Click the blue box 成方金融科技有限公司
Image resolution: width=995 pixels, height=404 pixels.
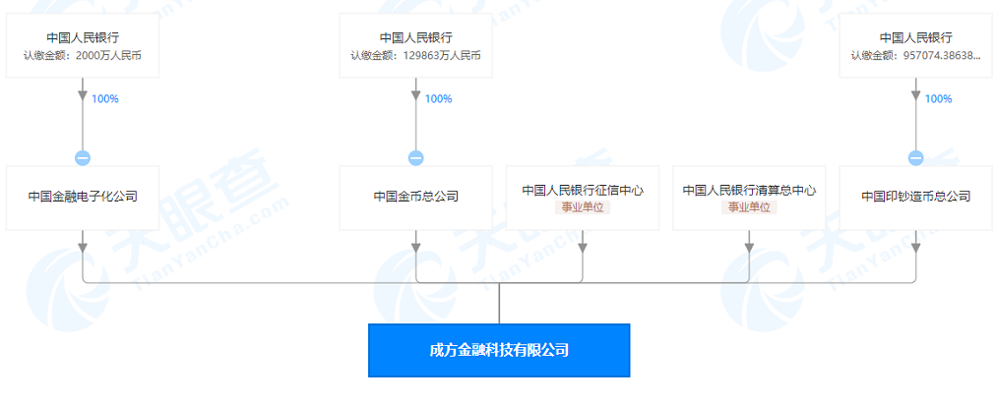(x=499, y=350)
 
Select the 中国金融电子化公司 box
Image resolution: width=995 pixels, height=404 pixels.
(x=83, y=197)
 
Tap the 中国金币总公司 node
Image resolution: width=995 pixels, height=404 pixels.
(x=415, y=197)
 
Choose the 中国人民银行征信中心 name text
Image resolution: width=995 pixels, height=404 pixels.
(x=582, y=190)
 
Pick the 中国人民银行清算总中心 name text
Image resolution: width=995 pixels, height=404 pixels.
(x=749, y=190)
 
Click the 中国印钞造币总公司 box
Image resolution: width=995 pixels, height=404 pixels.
(x=915, y=197)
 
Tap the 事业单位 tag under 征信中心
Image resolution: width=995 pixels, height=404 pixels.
(x=582, y=207)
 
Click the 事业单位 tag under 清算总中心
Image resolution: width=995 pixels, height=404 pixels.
(x=749, y=207)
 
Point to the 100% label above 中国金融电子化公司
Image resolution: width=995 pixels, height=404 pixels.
(x=105, y=99)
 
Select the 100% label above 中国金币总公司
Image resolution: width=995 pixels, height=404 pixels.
(x=438, y=99)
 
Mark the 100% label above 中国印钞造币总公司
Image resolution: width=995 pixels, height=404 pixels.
(x=938, y=99)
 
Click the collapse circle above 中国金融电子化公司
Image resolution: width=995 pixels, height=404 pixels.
(x=83, y=158)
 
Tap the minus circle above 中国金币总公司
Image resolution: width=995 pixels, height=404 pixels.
(x=415, y=158)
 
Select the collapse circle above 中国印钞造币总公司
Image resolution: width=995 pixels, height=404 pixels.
(x=915, y=158)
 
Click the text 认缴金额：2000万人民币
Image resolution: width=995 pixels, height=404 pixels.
(x=83, y=56)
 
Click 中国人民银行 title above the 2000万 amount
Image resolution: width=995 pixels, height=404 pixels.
(x=83, y=38)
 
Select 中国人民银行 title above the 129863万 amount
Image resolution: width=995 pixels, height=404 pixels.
(x=415, y=38)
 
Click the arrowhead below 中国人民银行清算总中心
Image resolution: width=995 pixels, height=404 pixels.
(x=749, y=238)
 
